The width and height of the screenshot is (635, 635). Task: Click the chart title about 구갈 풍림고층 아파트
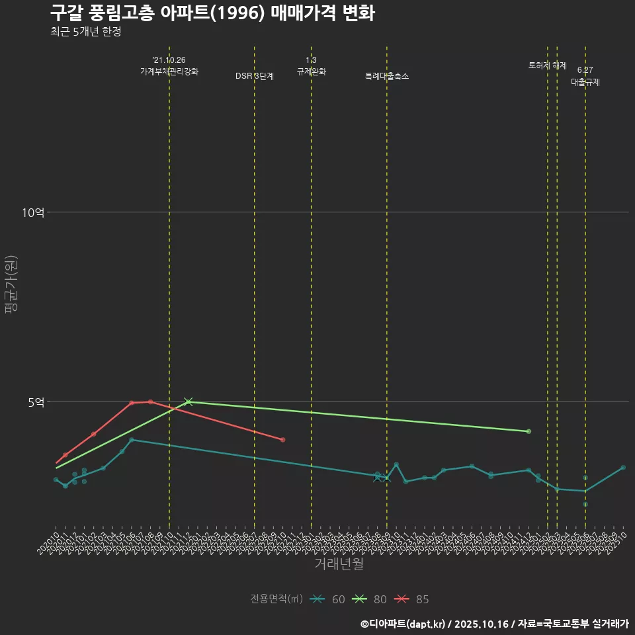[x=212, y=13]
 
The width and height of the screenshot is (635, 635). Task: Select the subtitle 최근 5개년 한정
[x=85, y=32]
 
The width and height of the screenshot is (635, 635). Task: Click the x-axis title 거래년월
[x=339, y=564]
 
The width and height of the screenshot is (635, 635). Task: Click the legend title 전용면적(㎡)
[x=276, y=599]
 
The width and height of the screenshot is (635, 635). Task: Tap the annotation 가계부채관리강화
[x=169, y=71]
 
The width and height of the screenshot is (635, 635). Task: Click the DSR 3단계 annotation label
[x=255, y=76]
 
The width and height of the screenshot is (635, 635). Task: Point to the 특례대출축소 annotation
[x=387, y=76]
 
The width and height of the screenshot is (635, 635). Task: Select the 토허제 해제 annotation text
[x=548, y=65]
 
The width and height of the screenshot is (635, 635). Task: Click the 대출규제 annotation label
[x=585, y=82]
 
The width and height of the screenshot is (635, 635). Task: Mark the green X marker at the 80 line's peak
[x=189, y=402]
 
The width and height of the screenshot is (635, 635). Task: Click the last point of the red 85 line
[x=282, y=440]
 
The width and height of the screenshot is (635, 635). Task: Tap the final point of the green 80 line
[x=529, y=431]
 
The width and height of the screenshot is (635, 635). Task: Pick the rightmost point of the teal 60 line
[x=623, y=468]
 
